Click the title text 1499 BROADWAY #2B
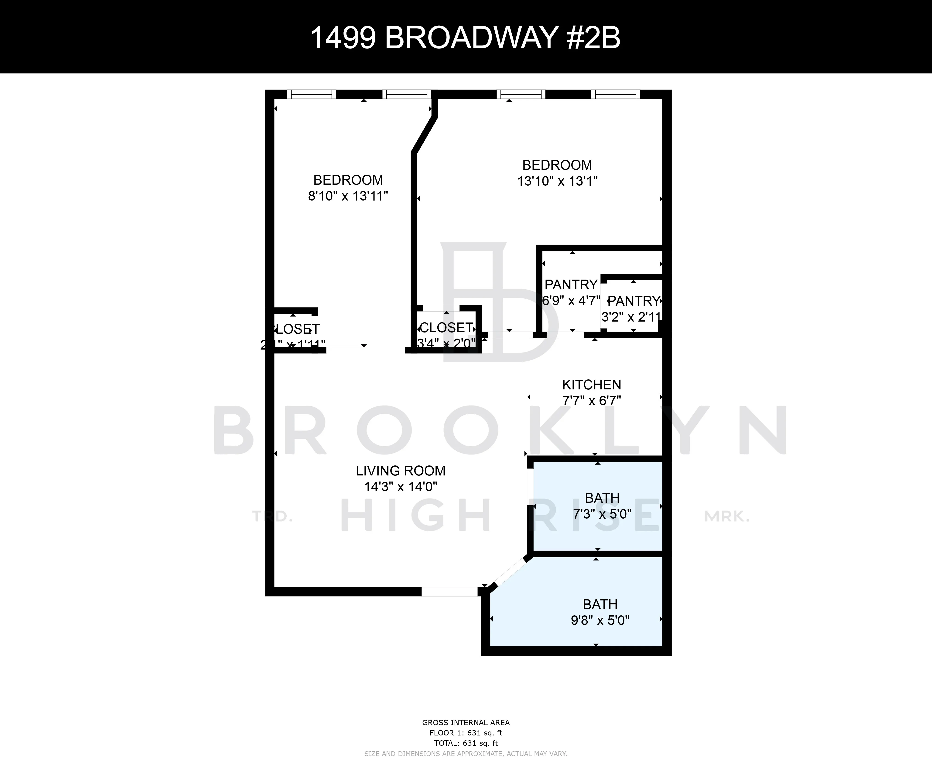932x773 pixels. pos(465,38)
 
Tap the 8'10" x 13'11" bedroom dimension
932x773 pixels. pos(348,196)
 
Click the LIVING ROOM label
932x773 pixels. pos(400,471)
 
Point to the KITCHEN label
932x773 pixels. pos(592,385)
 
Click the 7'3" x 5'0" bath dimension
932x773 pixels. pos(602,514)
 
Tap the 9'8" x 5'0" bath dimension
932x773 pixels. pos(600,620)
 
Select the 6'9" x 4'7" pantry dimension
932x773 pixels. pos(571,301)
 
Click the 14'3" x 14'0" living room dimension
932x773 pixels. pos(400,487)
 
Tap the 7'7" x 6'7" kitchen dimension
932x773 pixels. pos(592,401)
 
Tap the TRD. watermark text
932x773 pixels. pos(272,516)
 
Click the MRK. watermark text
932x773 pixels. pos(726,516)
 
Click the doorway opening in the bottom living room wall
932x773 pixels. pos(449,591)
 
